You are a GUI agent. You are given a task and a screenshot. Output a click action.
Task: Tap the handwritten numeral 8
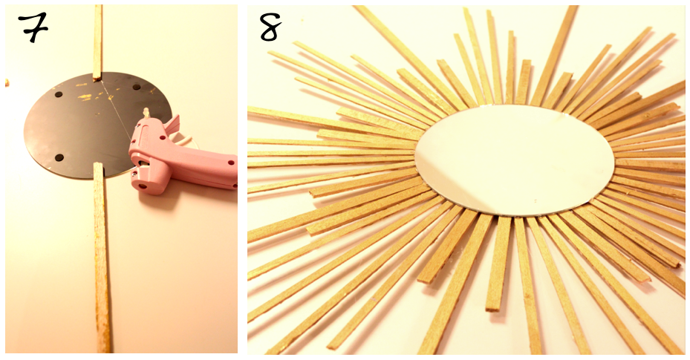pyautogui.click(x=270, y=27)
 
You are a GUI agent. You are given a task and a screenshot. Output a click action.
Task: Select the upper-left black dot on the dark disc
pyautogui.click(x=58, y=94)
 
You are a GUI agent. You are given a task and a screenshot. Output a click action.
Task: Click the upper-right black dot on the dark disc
pyautogui.click(x=137, y=87)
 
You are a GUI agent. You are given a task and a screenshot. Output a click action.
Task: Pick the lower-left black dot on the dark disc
pyautogui.click(x=59, y=157)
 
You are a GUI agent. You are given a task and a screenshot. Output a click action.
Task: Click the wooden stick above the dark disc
pyautogui.click(x=97, y=42)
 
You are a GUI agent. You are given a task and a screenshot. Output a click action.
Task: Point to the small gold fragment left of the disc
pyautogui.click(x=7, y=82)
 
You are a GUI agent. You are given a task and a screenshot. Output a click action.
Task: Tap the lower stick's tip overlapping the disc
pyautogui.click(x=98, y=166)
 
